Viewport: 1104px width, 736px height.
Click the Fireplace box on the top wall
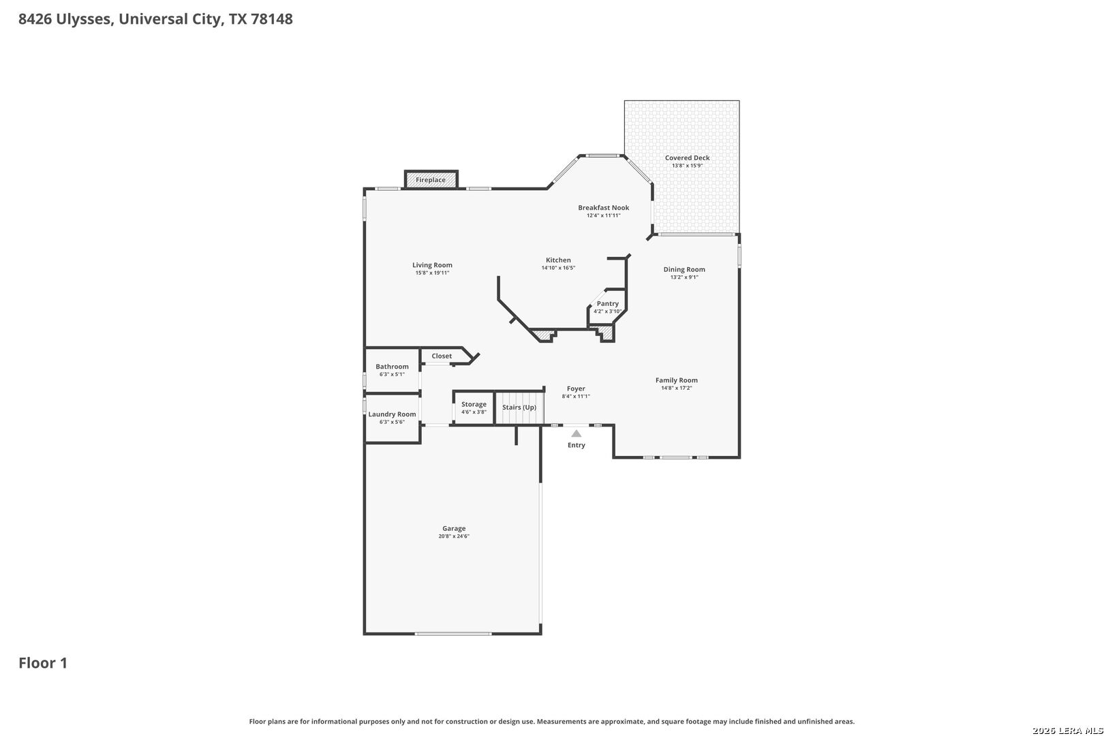431,179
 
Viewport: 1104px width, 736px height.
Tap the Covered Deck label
687,157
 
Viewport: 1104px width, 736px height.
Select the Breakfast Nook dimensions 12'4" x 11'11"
603,215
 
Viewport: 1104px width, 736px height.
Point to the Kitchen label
558,260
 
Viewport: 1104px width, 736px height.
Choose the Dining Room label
684,269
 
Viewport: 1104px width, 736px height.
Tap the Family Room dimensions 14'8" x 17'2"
676,388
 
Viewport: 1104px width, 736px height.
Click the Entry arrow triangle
576,433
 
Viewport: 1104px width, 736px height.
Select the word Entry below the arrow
576,445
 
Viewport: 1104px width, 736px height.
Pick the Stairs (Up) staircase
519,408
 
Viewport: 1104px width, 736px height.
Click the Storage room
474,408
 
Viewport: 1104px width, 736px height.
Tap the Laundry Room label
392,414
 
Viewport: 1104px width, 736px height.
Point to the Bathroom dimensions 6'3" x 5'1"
392,374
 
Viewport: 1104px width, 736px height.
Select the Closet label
442,356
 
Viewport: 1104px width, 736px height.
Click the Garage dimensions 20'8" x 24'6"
453,536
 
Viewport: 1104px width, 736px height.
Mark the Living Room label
432,264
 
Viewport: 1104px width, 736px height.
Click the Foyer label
576,388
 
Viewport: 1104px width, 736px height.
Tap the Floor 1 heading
43,662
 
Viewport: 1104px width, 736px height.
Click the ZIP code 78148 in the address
271,18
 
